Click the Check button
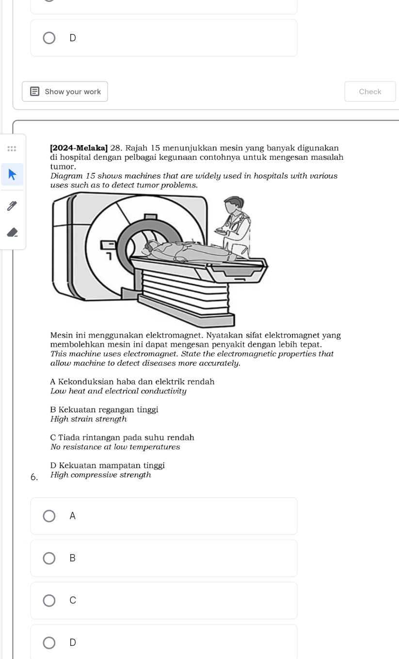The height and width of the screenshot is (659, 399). pos(370,91)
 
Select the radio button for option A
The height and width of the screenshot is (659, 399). pos(49,516)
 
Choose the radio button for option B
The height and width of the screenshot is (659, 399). pos(49,558)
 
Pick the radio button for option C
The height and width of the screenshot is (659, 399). pos(49,600)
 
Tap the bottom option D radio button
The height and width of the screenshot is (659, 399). pos(49,642)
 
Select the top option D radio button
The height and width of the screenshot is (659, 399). pos(49,38)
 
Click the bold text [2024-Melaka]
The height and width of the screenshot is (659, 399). pos(79,148)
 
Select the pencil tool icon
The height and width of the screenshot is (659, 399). pos(13,206)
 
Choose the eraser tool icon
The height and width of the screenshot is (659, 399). pos(13,232)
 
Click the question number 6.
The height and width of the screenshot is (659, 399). pos(34,477)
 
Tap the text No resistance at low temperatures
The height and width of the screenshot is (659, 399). pos(115,447)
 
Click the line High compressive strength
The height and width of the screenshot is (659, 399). pos(101,475)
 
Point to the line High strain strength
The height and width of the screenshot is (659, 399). pos(88,419)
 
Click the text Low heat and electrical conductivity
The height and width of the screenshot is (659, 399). pos(118,391)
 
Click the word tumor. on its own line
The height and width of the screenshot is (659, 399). pos(60,167)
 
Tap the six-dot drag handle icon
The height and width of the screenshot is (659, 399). pos(12,149)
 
